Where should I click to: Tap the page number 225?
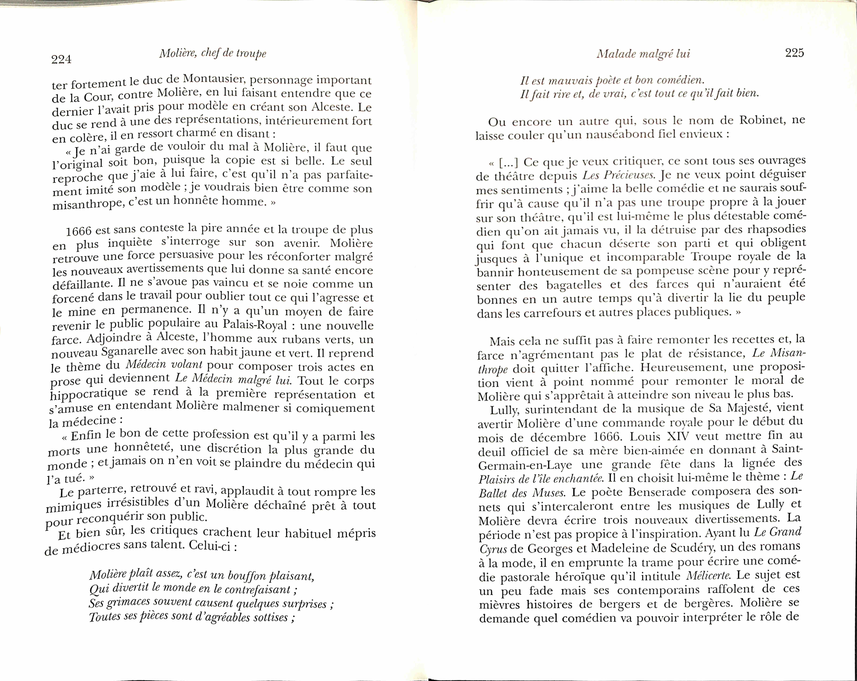click(x=794, y=53)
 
